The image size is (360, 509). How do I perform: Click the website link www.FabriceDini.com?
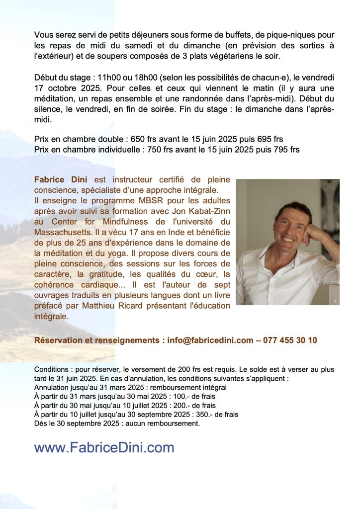(104, 447)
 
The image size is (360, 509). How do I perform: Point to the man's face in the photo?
(291, 226)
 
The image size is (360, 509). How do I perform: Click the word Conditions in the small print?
(51, 370)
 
